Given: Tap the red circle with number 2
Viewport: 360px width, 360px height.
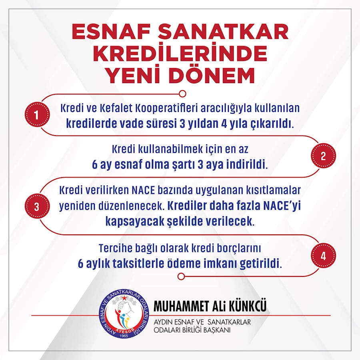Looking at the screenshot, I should pos(323,156).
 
